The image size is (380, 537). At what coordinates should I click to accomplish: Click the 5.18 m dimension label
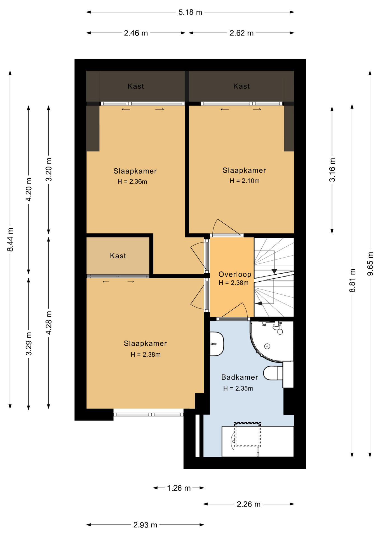click(x=190, y=12)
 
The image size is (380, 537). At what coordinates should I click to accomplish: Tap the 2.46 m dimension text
click(x=136, y=33)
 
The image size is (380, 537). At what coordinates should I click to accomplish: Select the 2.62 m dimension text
click(x=241, y=33)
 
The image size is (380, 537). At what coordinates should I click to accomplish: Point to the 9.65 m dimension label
click(x=370, y=264)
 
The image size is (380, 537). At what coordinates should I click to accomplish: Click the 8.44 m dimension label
click(x=10, y=240)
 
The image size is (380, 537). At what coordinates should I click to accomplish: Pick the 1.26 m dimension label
click(x=179, y=488)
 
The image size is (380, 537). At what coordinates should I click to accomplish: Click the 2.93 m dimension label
click(x=145, y=525)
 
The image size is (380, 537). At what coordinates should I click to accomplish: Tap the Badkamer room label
click(x=240, y=377)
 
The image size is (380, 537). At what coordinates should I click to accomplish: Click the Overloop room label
click(x=235, y=274)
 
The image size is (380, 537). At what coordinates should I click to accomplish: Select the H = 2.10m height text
click(x=245, y=181)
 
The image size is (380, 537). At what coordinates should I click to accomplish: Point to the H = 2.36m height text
click(x=132, y=182)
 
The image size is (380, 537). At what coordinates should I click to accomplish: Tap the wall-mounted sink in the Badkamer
click(x=217, y=344)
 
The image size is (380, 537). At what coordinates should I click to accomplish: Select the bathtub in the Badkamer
click(x=258, y=442)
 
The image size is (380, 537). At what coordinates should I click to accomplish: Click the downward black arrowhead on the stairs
click(x=274, y=271)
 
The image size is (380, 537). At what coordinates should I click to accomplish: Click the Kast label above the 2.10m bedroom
click(x=241, y=86)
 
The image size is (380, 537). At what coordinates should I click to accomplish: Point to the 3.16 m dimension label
click(x=332, y=170)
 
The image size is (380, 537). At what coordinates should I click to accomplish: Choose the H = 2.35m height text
click(x=238, y=388)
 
